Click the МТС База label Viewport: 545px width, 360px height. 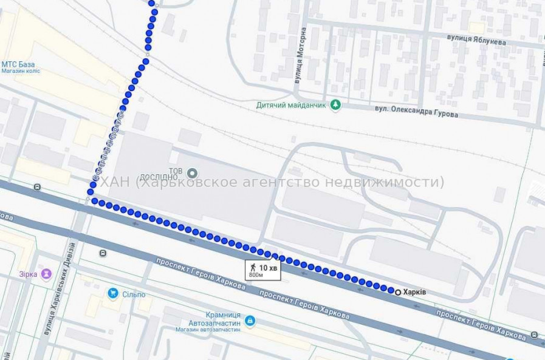(18, 64)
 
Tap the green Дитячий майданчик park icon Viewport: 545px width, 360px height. (335, 105)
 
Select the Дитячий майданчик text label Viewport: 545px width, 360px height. (291, 105)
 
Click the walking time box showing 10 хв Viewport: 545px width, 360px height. (262, 270)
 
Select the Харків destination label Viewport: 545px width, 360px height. (415, 292)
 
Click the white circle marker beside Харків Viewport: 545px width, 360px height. (398, 292)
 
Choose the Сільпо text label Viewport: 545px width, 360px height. (133, 294)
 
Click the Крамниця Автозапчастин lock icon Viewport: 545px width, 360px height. (250, 321)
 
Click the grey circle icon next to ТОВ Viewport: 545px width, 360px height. (192, 172)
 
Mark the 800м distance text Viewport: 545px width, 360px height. (256, 275)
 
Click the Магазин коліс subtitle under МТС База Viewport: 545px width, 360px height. (21, 71)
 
